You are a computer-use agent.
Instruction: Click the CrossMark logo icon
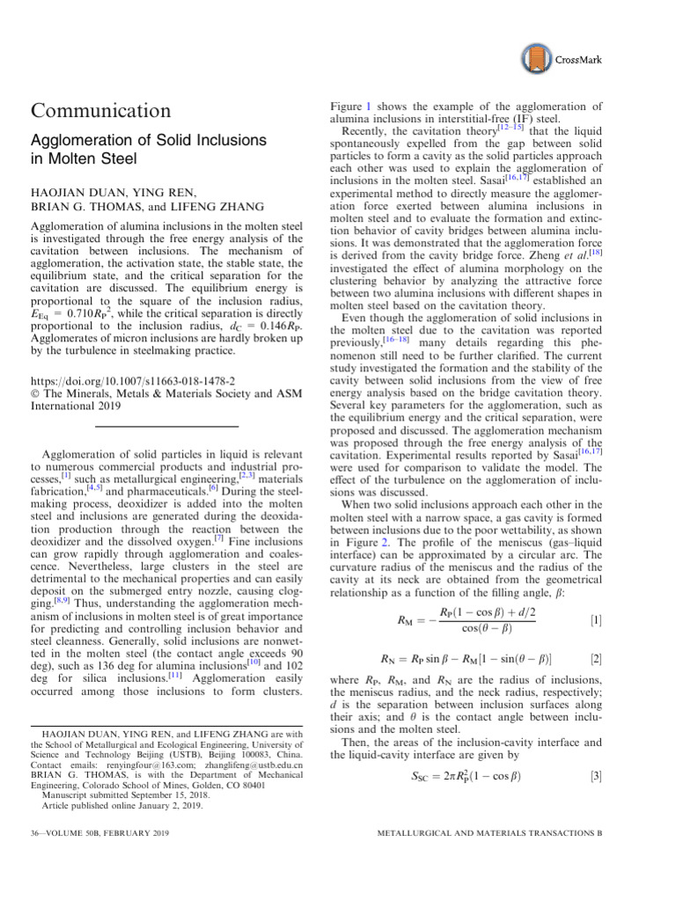click(536, 59)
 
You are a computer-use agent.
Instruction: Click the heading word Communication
click(101, 111)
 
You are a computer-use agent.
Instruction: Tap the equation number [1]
click(596, 621)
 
